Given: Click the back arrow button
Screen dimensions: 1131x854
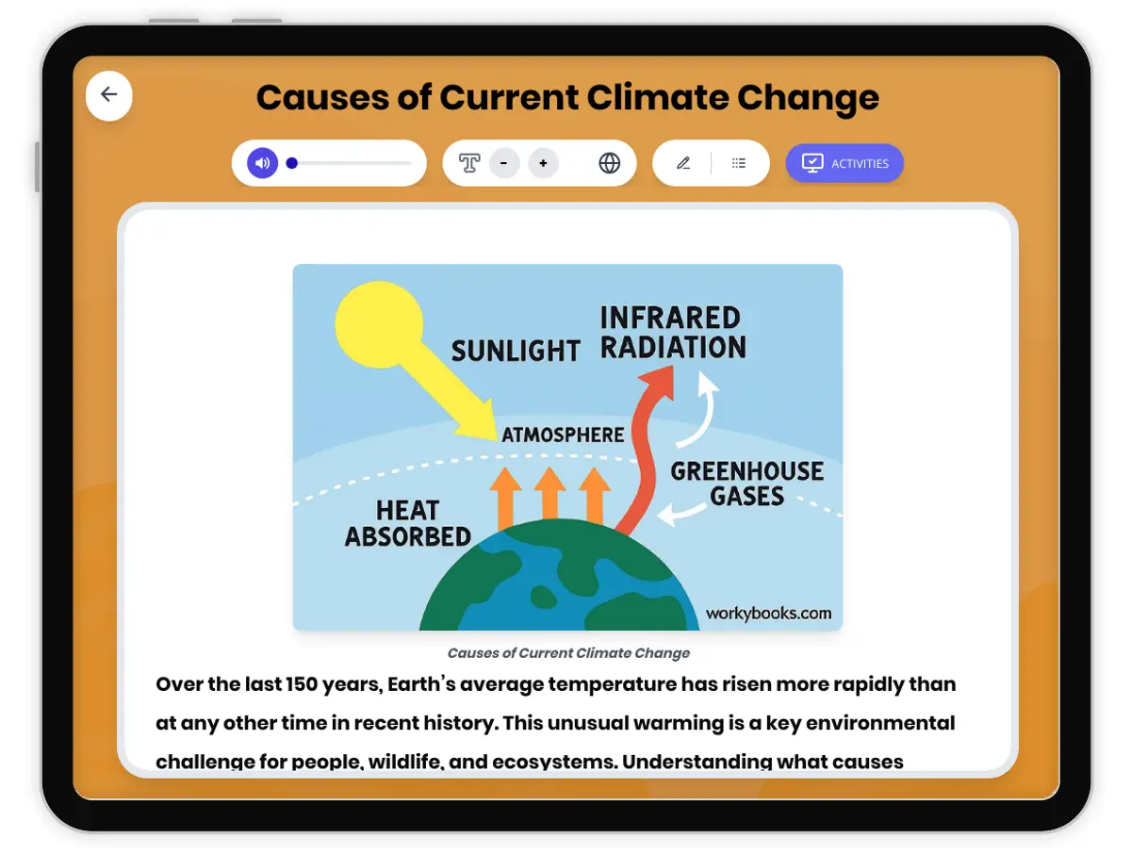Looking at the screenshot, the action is (108, 95).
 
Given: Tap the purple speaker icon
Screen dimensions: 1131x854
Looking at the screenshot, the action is (262, 163).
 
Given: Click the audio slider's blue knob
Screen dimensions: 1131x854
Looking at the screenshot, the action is (291, 163).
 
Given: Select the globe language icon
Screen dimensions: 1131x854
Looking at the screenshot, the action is (609, 163).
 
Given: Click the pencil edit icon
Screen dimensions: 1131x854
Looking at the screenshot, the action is (683, 163).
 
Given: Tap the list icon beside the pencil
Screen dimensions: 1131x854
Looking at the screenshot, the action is (738, 163).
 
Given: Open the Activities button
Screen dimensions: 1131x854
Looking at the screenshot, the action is (844, 163).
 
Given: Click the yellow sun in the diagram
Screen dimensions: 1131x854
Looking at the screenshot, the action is (379, 324).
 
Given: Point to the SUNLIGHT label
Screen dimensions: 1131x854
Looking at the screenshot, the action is (516, 352).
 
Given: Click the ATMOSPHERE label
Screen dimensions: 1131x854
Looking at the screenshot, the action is (563, 435).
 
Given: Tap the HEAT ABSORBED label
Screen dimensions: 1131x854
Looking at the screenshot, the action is (407, 523).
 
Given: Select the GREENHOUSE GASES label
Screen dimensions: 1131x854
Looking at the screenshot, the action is (746, 484).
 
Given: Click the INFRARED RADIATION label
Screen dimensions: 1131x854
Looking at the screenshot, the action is (672, 332).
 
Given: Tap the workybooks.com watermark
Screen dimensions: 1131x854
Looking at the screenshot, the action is (768, 614).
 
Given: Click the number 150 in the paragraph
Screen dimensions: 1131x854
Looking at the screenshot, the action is (302, 684).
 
